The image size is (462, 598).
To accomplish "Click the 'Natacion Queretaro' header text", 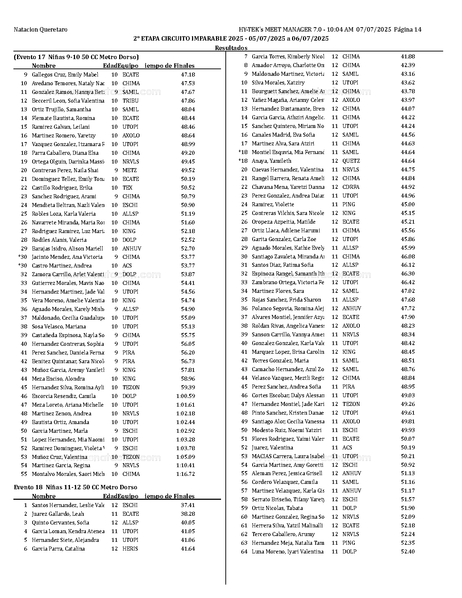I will coord(41,30).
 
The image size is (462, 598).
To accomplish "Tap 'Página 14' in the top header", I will coord(408,30).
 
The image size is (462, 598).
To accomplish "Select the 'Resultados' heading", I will coord(231,48).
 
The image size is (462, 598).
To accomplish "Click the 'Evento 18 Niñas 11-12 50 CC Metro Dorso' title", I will coord(75,487).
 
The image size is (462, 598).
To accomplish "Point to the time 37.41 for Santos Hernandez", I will coord(188,505).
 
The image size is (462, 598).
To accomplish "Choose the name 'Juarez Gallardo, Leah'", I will coord(58,514).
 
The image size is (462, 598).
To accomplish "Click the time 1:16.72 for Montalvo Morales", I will coord(186,474).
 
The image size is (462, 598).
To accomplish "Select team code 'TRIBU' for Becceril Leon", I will coord(130,101).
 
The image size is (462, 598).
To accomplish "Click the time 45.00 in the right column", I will coord(408,204).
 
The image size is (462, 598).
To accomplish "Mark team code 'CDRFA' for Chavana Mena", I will coord(351,187).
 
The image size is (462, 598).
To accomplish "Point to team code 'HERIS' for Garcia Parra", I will coord(130,549).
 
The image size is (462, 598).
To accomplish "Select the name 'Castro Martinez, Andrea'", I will coord(62,266).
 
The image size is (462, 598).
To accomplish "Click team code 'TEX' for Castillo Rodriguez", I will coord(128,188).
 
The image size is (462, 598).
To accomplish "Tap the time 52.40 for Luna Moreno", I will coord(408,552).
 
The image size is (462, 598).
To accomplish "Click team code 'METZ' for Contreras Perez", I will coord(130,170).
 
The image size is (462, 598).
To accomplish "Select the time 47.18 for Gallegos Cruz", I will coord(188,75).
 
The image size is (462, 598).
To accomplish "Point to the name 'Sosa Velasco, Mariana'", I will coord(59,327).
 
